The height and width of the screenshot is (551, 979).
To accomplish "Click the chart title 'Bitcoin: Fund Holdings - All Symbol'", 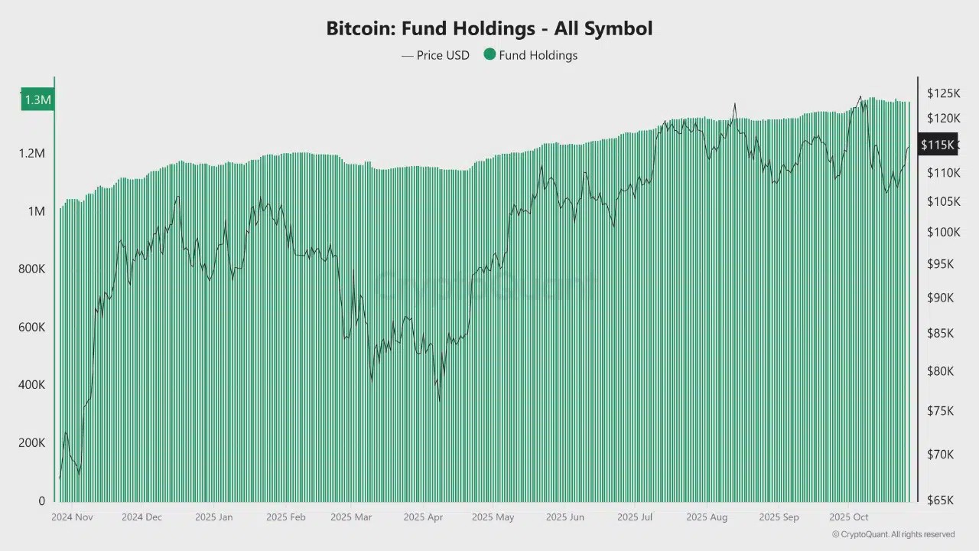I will (489, 29).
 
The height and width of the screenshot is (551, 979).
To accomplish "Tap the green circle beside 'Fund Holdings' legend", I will (489, 54).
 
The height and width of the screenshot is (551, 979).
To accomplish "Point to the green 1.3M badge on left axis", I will (37, 99).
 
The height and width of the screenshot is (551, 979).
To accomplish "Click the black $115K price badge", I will (937, 144).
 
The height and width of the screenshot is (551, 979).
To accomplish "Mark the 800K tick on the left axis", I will (31, 269).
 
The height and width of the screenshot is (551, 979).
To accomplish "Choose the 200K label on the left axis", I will (31, 443).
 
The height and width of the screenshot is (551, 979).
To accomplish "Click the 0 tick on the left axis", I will (41, 501).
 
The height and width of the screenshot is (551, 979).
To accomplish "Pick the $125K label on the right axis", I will (943, 93).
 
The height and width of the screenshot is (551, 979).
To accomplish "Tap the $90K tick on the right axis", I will (940, 298).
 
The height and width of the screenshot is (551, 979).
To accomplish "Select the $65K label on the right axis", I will (940, 500).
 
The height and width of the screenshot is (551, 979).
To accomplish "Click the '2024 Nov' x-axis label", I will (72, 517).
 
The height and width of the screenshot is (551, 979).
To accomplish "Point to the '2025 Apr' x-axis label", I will (423, 517).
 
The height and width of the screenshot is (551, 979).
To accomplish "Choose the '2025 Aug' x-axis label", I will (707, 517).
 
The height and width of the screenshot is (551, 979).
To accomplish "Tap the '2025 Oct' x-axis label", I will (849, 517).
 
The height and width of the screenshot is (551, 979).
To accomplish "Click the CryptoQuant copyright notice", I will (893, 534).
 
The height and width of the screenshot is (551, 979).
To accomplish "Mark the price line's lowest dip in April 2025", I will (439, 399).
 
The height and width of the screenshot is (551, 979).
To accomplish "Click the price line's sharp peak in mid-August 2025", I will (735, 104).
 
